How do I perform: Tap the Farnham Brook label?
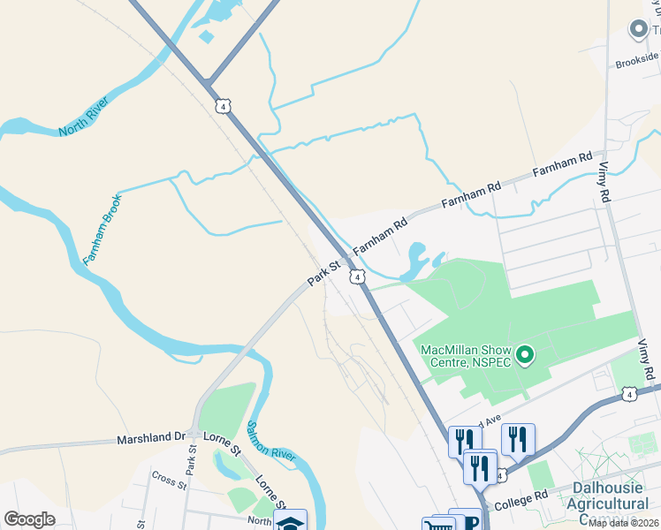[x=103, y=230]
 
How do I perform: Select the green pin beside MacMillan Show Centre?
[x=525, y=356]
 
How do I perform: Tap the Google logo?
[x=30, y=519]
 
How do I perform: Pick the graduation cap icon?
[x=290, y=521]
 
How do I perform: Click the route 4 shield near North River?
[x=224, y=106]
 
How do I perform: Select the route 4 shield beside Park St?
[x=357, y=277]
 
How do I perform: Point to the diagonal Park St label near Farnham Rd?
[x=323, y=271]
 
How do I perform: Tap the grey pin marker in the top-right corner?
[x=637, y=30]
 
